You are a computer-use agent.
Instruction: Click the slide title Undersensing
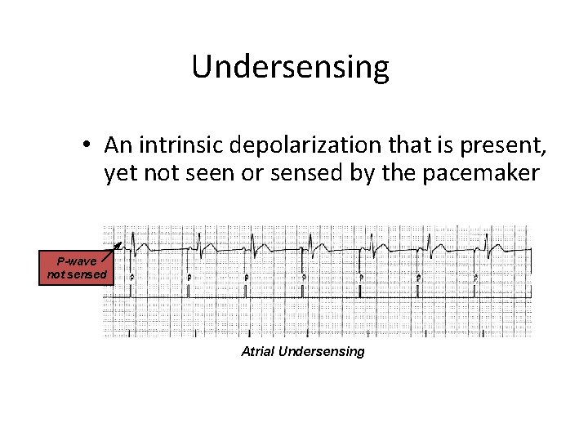coord(290,68)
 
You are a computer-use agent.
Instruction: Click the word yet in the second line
coord(119,174)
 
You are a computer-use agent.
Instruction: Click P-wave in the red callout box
coord(77,261)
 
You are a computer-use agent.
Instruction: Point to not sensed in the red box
coord(77,274)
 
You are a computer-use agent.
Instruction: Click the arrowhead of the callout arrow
coord(119,243)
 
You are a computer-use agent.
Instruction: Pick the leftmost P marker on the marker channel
coord(132,278)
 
